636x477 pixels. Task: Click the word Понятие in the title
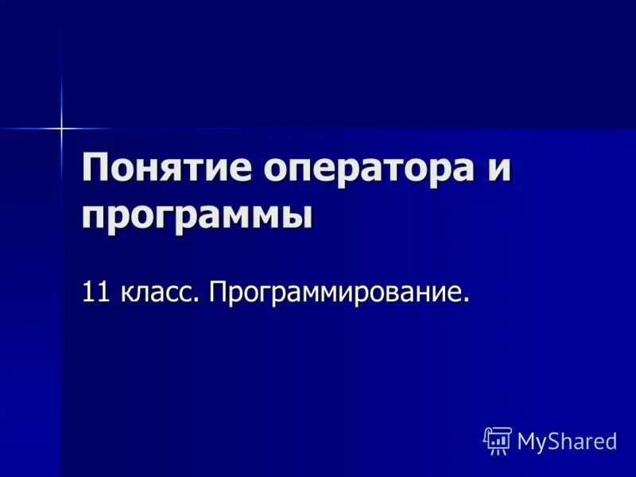click(163, 169)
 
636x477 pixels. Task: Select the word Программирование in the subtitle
click(335, 292)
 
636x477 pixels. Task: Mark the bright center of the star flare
click(61, 127)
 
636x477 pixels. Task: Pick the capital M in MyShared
click(526, 441)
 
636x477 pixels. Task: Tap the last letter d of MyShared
click(611, 441)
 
